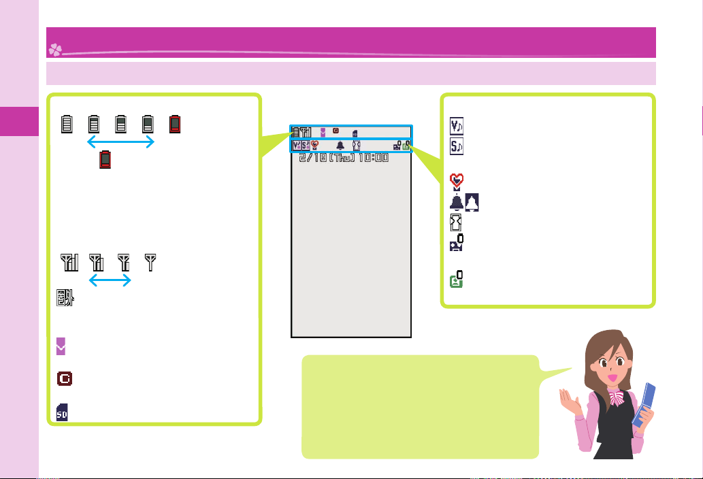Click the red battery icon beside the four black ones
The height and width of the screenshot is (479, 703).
point(176,124)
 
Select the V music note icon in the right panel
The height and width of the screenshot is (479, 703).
point(457,127)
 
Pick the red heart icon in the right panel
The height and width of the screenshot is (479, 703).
point(457,181)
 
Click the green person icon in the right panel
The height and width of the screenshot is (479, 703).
point(457,280)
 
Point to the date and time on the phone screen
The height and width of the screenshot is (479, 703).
point(344,158)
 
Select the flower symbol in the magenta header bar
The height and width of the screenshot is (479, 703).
point(54,49)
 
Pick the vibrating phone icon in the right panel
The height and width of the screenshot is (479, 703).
point(456,222)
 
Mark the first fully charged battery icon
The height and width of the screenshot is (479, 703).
point(67,124)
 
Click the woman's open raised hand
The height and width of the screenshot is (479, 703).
point(567,399)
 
